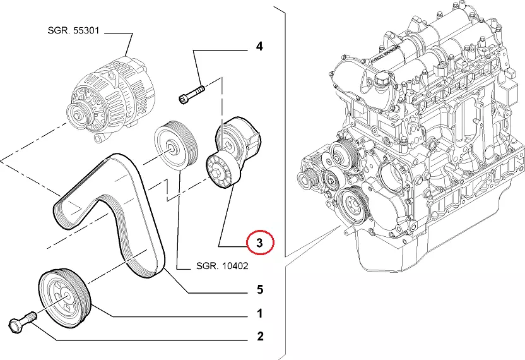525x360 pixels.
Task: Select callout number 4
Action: pyautogui.click(x=259, y=46)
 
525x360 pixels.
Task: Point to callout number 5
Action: pyautogui.click(x=259, y=290)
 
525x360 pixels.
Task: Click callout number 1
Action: pyautogui.click(x=259, y=313)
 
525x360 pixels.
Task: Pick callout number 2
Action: pyautogui.click(x=259, y=337)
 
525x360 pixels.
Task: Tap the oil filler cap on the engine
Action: pyautogui.click(x=382, y=83)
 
